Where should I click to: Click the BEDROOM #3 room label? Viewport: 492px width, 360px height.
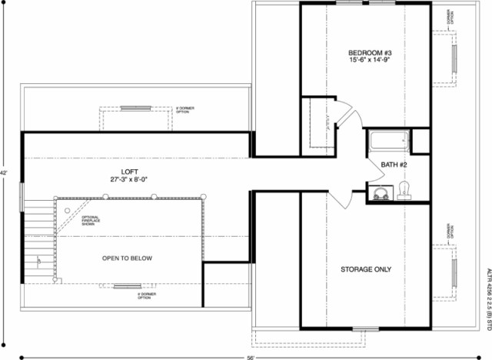pyautogui.click(x=364, y=53)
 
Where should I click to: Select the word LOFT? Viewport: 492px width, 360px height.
pyautogui.click(x=128, y=171)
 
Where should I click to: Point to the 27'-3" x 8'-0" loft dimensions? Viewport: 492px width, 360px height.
pyautogui.click(x=128, y=179)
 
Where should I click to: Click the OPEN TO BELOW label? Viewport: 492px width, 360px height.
pyautogui.click(x=128, y=258)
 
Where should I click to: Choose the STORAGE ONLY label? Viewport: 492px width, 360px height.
pyautogui.click(x=366, y=269)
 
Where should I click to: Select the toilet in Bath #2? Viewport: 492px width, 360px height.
pyautogui.click(x=404, y=190)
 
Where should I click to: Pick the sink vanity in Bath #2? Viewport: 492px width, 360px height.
pyautogui.click(x=380, y=193)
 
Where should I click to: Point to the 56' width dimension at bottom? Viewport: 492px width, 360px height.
pyautogui.click(x=251, y=357)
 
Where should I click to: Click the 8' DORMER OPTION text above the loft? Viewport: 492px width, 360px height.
pyautogui.click(x=184, y=111)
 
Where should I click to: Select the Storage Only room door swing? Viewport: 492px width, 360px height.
pyautogui.click(x=342, y=199)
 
